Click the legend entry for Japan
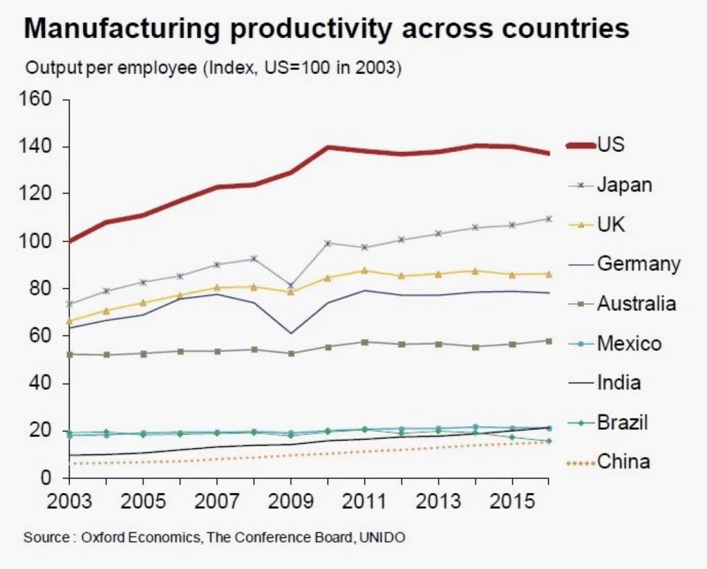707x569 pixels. pos(624,185)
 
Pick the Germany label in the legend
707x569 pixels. pos(638,264)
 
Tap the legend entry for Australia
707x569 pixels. pos(636,303)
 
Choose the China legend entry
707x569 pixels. pos(623,462)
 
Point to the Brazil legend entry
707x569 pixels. pos(622,422)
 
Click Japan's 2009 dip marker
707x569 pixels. pos(291,286)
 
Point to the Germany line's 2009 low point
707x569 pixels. pos(291,334)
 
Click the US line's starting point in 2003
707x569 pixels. pos(69,241)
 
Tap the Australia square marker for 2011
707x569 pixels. pos(365,342)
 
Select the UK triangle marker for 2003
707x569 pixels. pos(69,321)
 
